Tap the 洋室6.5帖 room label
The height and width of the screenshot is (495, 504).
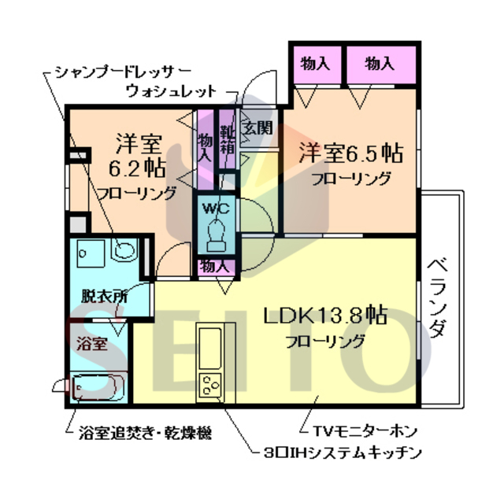tap(350, 153)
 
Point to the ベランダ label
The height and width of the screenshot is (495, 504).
tap(438, 298)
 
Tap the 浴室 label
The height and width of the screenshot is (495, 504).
tap(91, 343)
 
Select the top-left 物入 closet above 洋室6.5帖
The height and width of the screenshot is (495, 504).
tap(315, 64)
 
